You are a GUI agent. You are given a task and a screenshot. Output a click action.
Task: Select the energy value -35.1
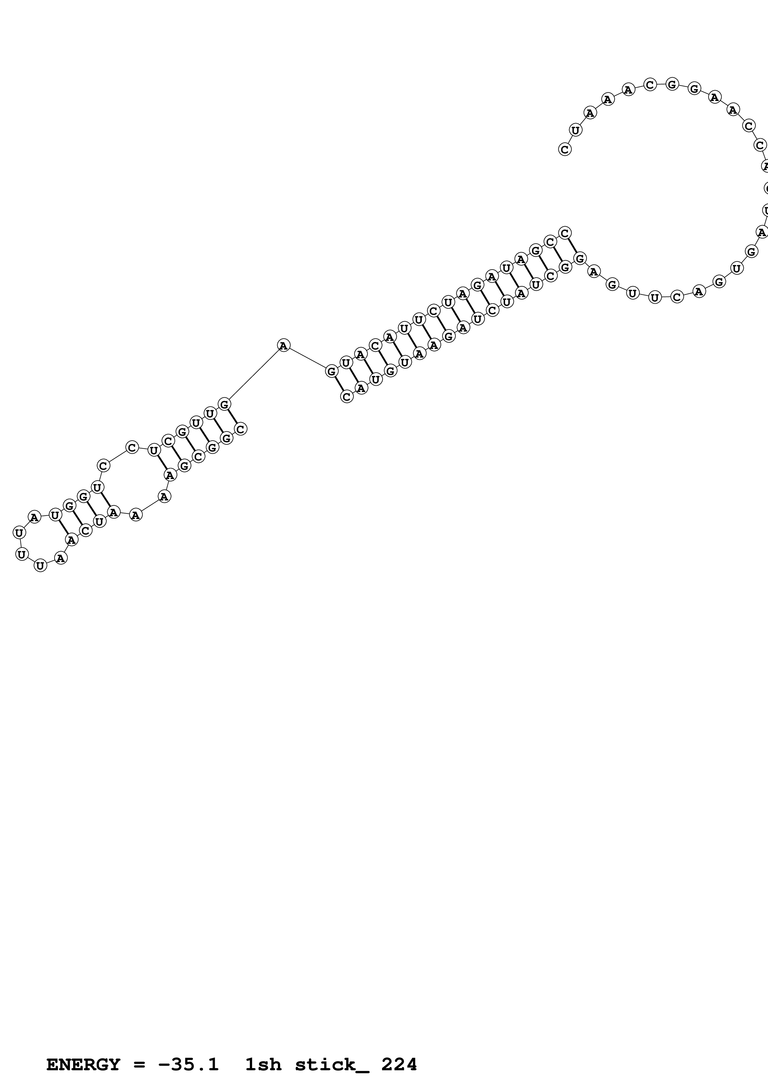[188, 1065]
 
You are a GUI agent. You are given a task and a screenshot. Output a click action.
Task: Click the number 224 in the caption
[399, 1065]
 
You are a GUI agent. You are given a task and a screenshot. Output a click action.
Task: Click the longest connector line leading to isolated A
[254, 375]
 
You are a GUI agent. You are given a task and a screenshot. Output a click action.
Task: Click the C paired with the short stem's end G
[240, 429]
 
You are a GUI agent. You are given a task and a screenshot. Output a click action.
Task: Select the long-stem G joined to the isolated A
[331, 372]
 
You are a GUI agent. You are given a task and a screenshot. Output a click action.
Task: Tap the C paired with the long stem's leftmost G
[347, 397]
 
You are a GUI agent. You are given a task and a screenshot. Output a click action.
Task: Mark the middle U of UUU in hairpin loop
[22, 553]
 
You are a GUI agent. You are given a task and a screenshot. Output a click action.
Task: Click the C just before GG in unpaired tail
[650, 85]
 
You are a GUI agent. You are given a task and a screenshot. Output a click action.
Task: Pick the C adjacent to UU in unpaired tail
[677, 297]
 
